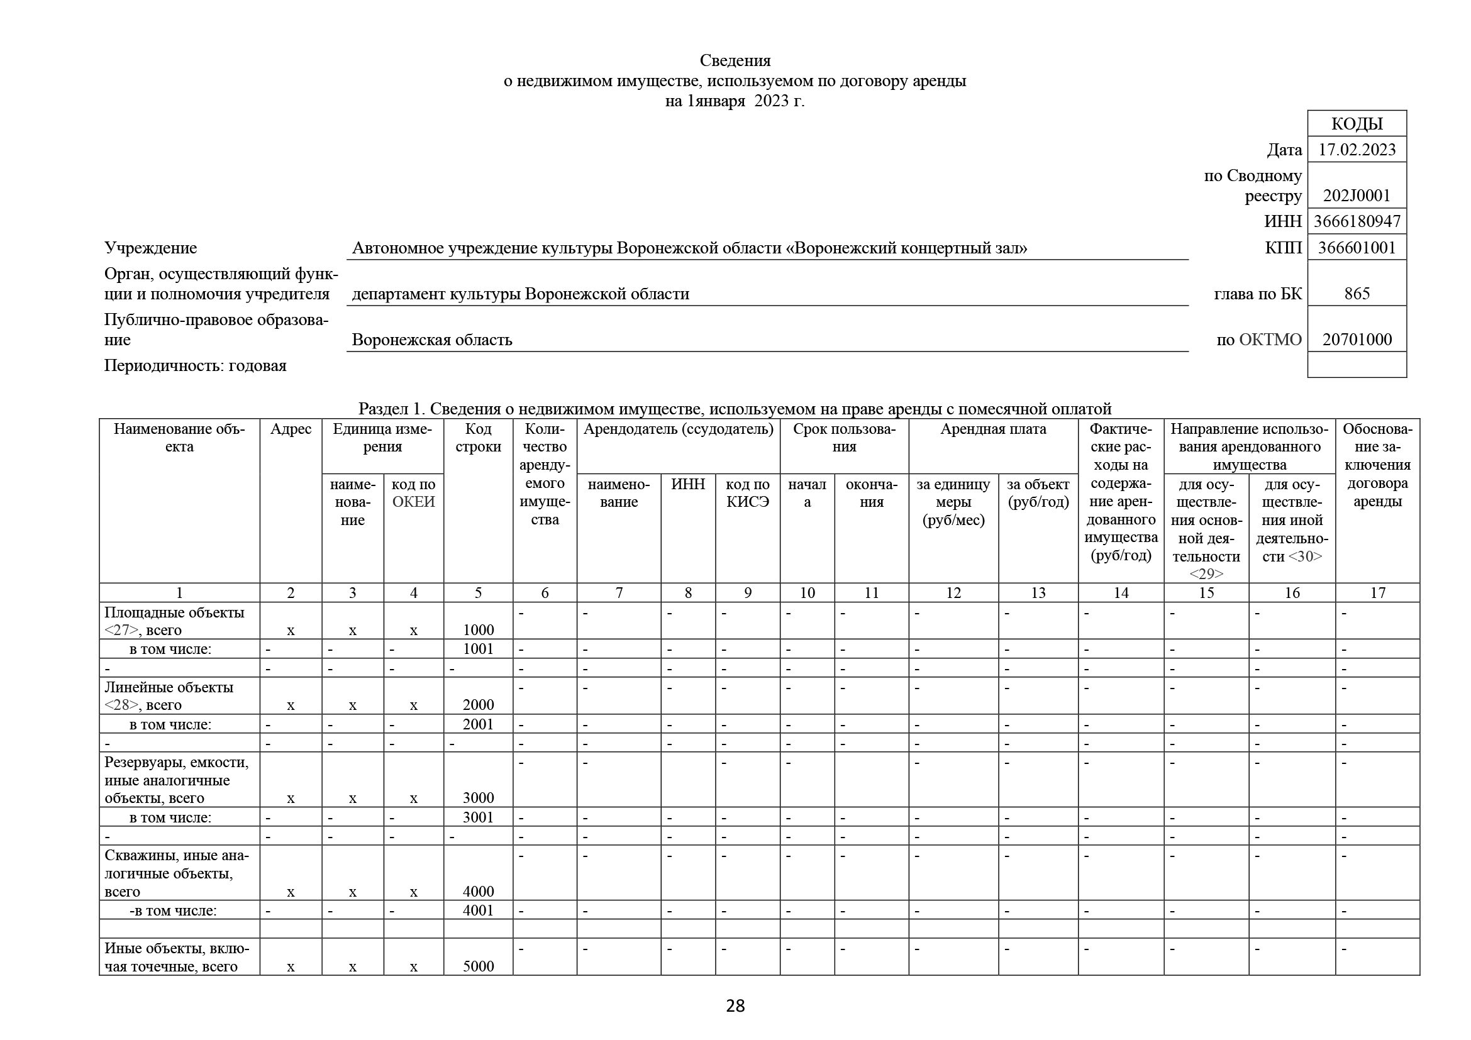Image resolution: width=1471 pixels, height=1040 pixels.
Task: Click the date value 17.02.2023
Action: (1357, 150)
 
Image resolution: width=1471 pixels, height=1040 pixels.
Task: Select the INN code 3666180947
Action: (1357, 221)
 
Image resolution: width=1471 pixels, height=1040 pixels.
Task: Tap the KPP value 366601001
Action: (1357, 248)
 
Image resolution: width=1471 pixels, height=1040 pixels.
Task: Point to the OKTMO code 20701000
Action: (1357, 340)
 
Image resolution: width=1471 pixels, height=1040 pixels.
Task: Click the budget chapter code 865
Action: (1357, 294)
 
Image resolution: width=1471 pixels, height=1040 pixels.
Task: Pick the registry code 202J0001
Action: (1357, 196)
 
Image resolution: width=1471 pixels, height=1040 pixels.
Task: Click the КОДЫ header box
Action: (1357, 124)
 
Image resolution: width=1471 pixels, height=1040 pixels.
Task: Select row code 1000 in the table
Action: (478, 630)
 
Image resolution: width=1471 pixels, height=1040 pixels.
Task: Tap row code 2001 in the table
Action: (478, 724)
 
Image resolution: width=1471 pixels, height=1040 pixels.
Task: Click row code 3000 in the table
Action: (478, 798)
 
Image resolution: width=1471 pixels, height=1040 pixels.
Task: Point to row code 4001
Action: (478, 910)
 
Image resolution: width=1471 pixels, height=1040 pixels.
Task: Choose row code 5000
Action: (478, 966)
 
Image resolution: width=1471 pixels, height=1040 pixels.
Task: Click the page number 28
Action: (735, 1006)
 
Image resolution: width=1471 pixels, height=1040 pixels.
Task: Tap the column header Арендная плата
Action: (992, 429)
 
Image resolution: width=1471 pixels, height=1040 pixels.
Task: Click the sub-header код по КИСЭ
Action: (747, 493)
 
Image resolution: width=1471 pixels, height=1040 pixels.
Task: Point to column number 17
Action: (1377, 593)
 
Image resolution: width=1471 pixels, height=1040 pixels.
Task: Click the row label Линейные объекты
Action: (169, 688)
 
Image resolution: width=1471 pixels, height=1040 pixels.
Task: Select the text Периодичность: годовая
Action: (196, 366)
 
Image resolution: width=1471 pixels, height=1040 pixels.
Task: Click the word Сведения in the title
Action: (735, 61)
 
